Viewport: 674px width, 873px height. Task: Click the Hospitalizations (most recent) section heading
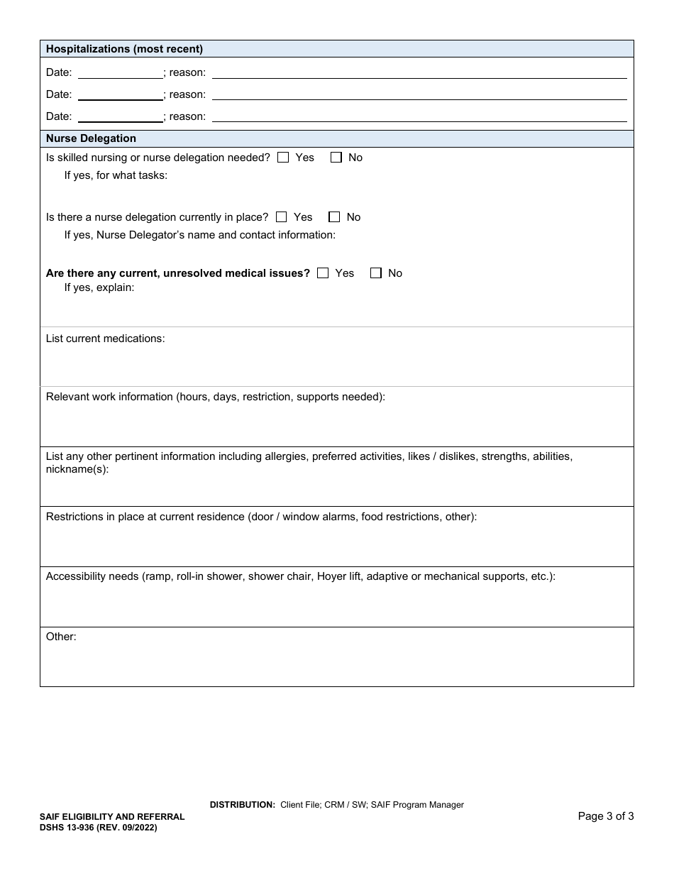[124, 50]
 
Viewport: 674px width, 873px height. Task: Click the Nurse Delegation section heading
[91, 138]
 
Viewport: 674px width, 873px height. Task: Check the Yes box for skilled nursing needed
[283, 158]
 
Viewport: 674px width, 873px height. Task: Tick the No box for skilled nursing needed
[336, 158]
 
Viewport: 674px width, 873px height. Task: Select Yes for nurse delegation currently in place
[281, 217]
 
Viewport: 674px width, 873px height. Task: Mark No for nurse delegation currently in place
[334, 217]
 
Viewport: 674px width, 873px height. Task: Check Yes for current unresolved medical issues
[323, 273]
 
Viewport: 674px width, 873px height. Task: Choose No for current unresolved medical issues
[376, 273]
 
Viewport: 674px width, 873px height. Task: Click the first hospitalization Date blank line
[120, 72]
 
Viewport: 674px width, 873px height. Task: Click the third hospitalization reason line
[419, 116]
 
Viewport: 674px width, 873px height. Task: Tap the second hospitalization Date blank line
[120, 94]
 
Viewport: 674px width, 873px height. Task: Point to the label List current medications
[105, 339]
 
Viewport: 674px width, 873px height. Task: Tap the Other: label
[61, 637]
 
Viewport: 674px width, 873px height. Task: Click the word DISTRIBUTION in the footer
[242, 805]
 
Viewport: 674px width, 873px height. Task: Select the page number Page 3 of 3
[605, 816]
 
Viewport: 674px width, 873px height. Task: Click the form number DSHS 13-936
[72, 827]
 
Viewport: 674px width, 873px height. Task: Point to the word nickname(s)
[77, 469]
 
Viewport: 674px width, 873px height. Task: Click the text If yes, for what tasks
[116, 175]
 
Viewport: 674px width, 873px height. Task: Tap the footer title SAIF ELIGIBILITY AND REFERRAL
[112, 817]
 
